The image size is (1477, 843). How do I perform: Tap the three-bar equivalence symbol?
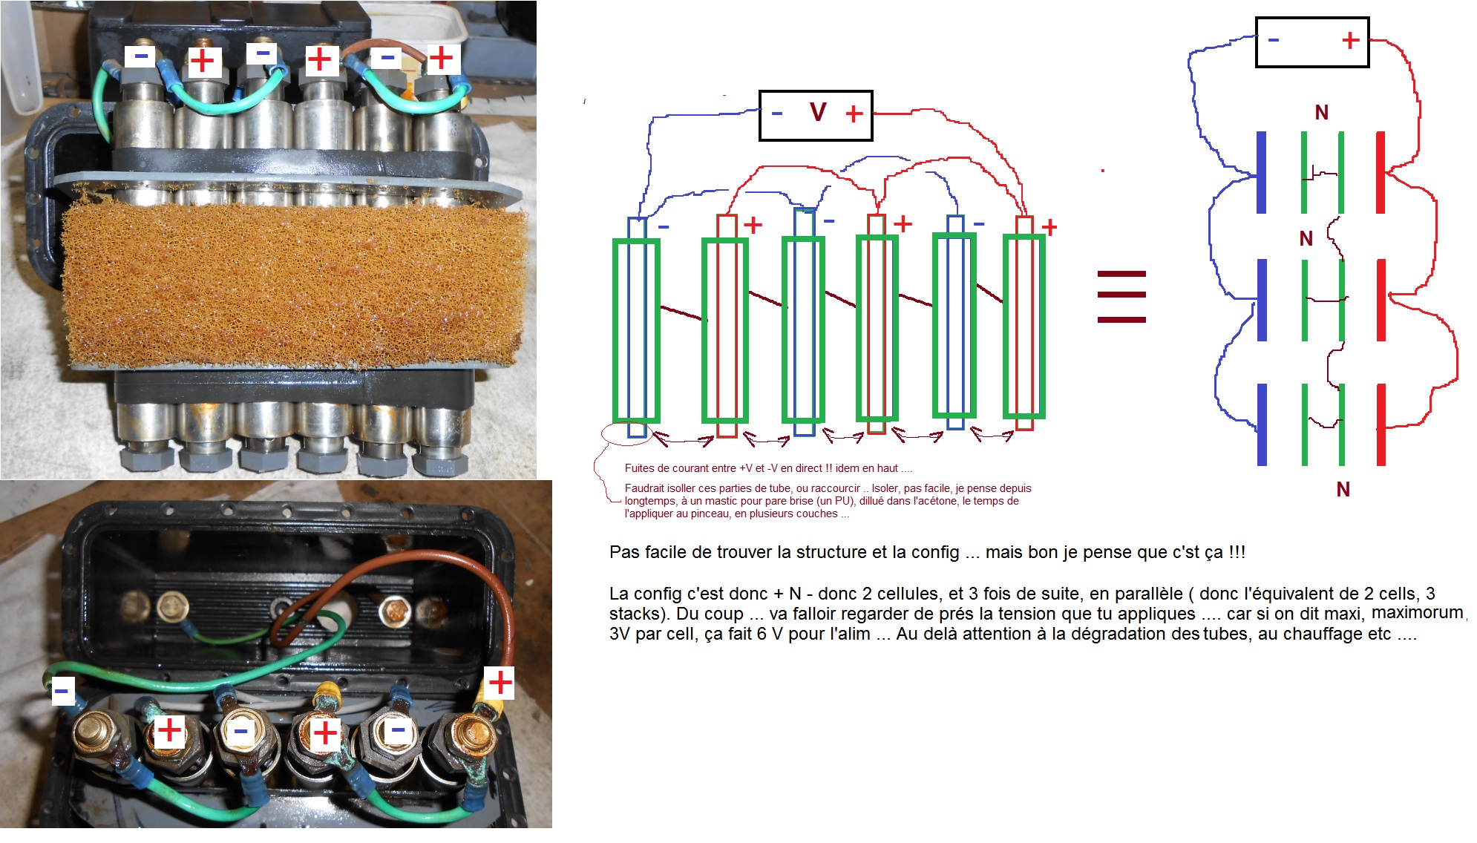tap(1121, 297)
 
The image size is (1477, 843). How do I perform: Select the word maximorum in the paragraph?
tap(1418, 613)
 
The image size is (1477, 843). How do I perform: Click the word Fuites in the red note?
tap(639, 468)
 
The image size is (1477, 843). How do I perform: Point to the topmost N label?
tap(1321, 113)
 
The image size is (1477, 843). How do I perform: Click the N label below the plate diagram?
tap(1343, 490)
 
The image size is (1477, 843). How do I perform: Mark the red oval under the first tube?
tap(625, 433)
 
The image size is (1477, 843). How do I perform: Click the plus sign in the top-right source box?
tap(1350, 40)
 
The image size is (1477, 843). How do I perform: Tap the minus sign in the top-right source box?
tap(1274, 39)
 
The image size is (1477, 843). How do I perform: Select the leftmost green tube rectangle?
tap(636, 330)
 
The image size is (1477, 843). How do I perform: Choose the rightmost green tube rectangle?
tap(1024, 327)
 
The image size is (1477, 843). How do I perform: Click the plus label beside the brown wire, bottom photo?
tap(500, 682)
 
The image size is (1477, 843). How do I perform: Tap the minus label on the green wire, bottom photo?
tap(62, 692)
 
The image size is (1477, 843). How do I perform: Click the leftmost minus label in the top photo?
tap(140, 56)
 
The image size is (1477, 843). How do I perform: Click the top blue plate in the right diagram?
tap(1261, 173)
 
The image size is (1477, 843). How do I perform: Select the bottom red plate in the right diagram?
tap(1381, 424)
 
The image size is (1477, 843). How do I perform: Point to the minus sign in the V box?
tap(777, 114)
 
